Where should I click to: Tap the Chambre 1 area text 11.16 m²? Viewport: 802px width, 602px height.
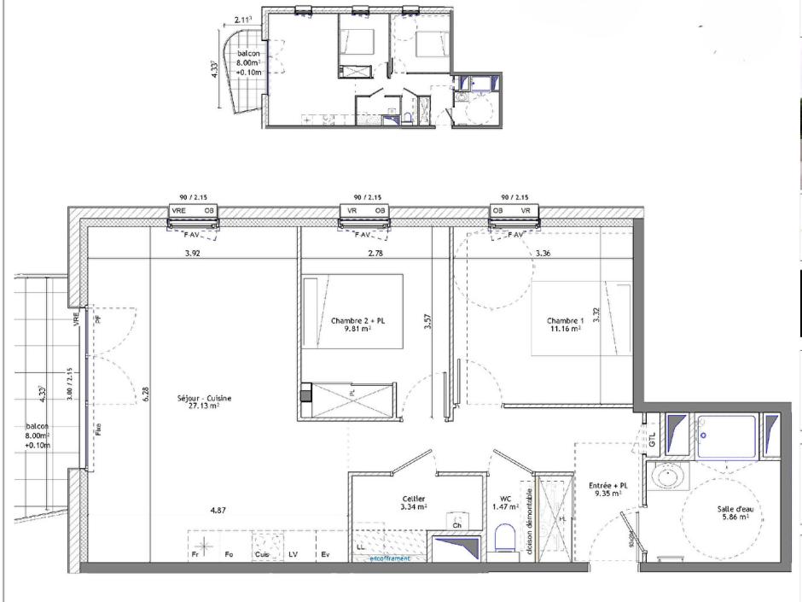564,328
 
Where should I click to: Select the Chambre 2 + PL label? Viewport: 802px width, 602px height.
357,321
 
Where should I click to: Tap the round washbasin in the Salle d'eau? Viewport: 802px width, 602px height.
666,475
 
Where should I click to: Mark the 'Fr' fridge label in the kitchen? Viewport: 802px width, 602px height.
195,555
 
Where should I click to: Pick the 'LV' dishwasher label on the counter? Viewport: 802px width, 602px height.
293,555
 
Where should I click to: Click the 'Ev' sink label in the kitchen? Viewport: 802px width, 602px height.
324,555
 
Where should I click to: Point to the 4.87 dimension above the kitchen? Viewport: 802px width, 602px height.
219,511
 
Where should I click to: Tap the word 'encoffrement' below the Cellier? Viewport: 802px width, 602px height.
389,558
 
